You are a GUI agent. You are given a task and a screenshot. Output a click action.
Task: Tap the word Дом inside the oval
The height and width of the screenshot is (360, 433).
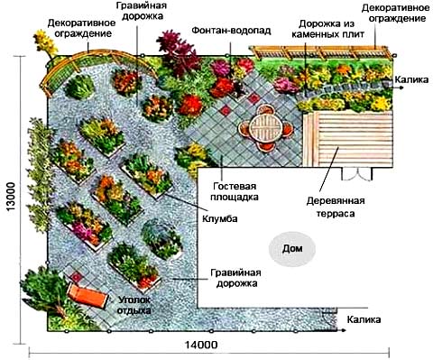[x=292, y=248]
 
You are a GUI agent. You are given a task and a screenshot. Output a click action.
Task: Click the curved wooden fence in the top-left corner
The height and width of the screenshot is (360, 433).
[x=61, y=69]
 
